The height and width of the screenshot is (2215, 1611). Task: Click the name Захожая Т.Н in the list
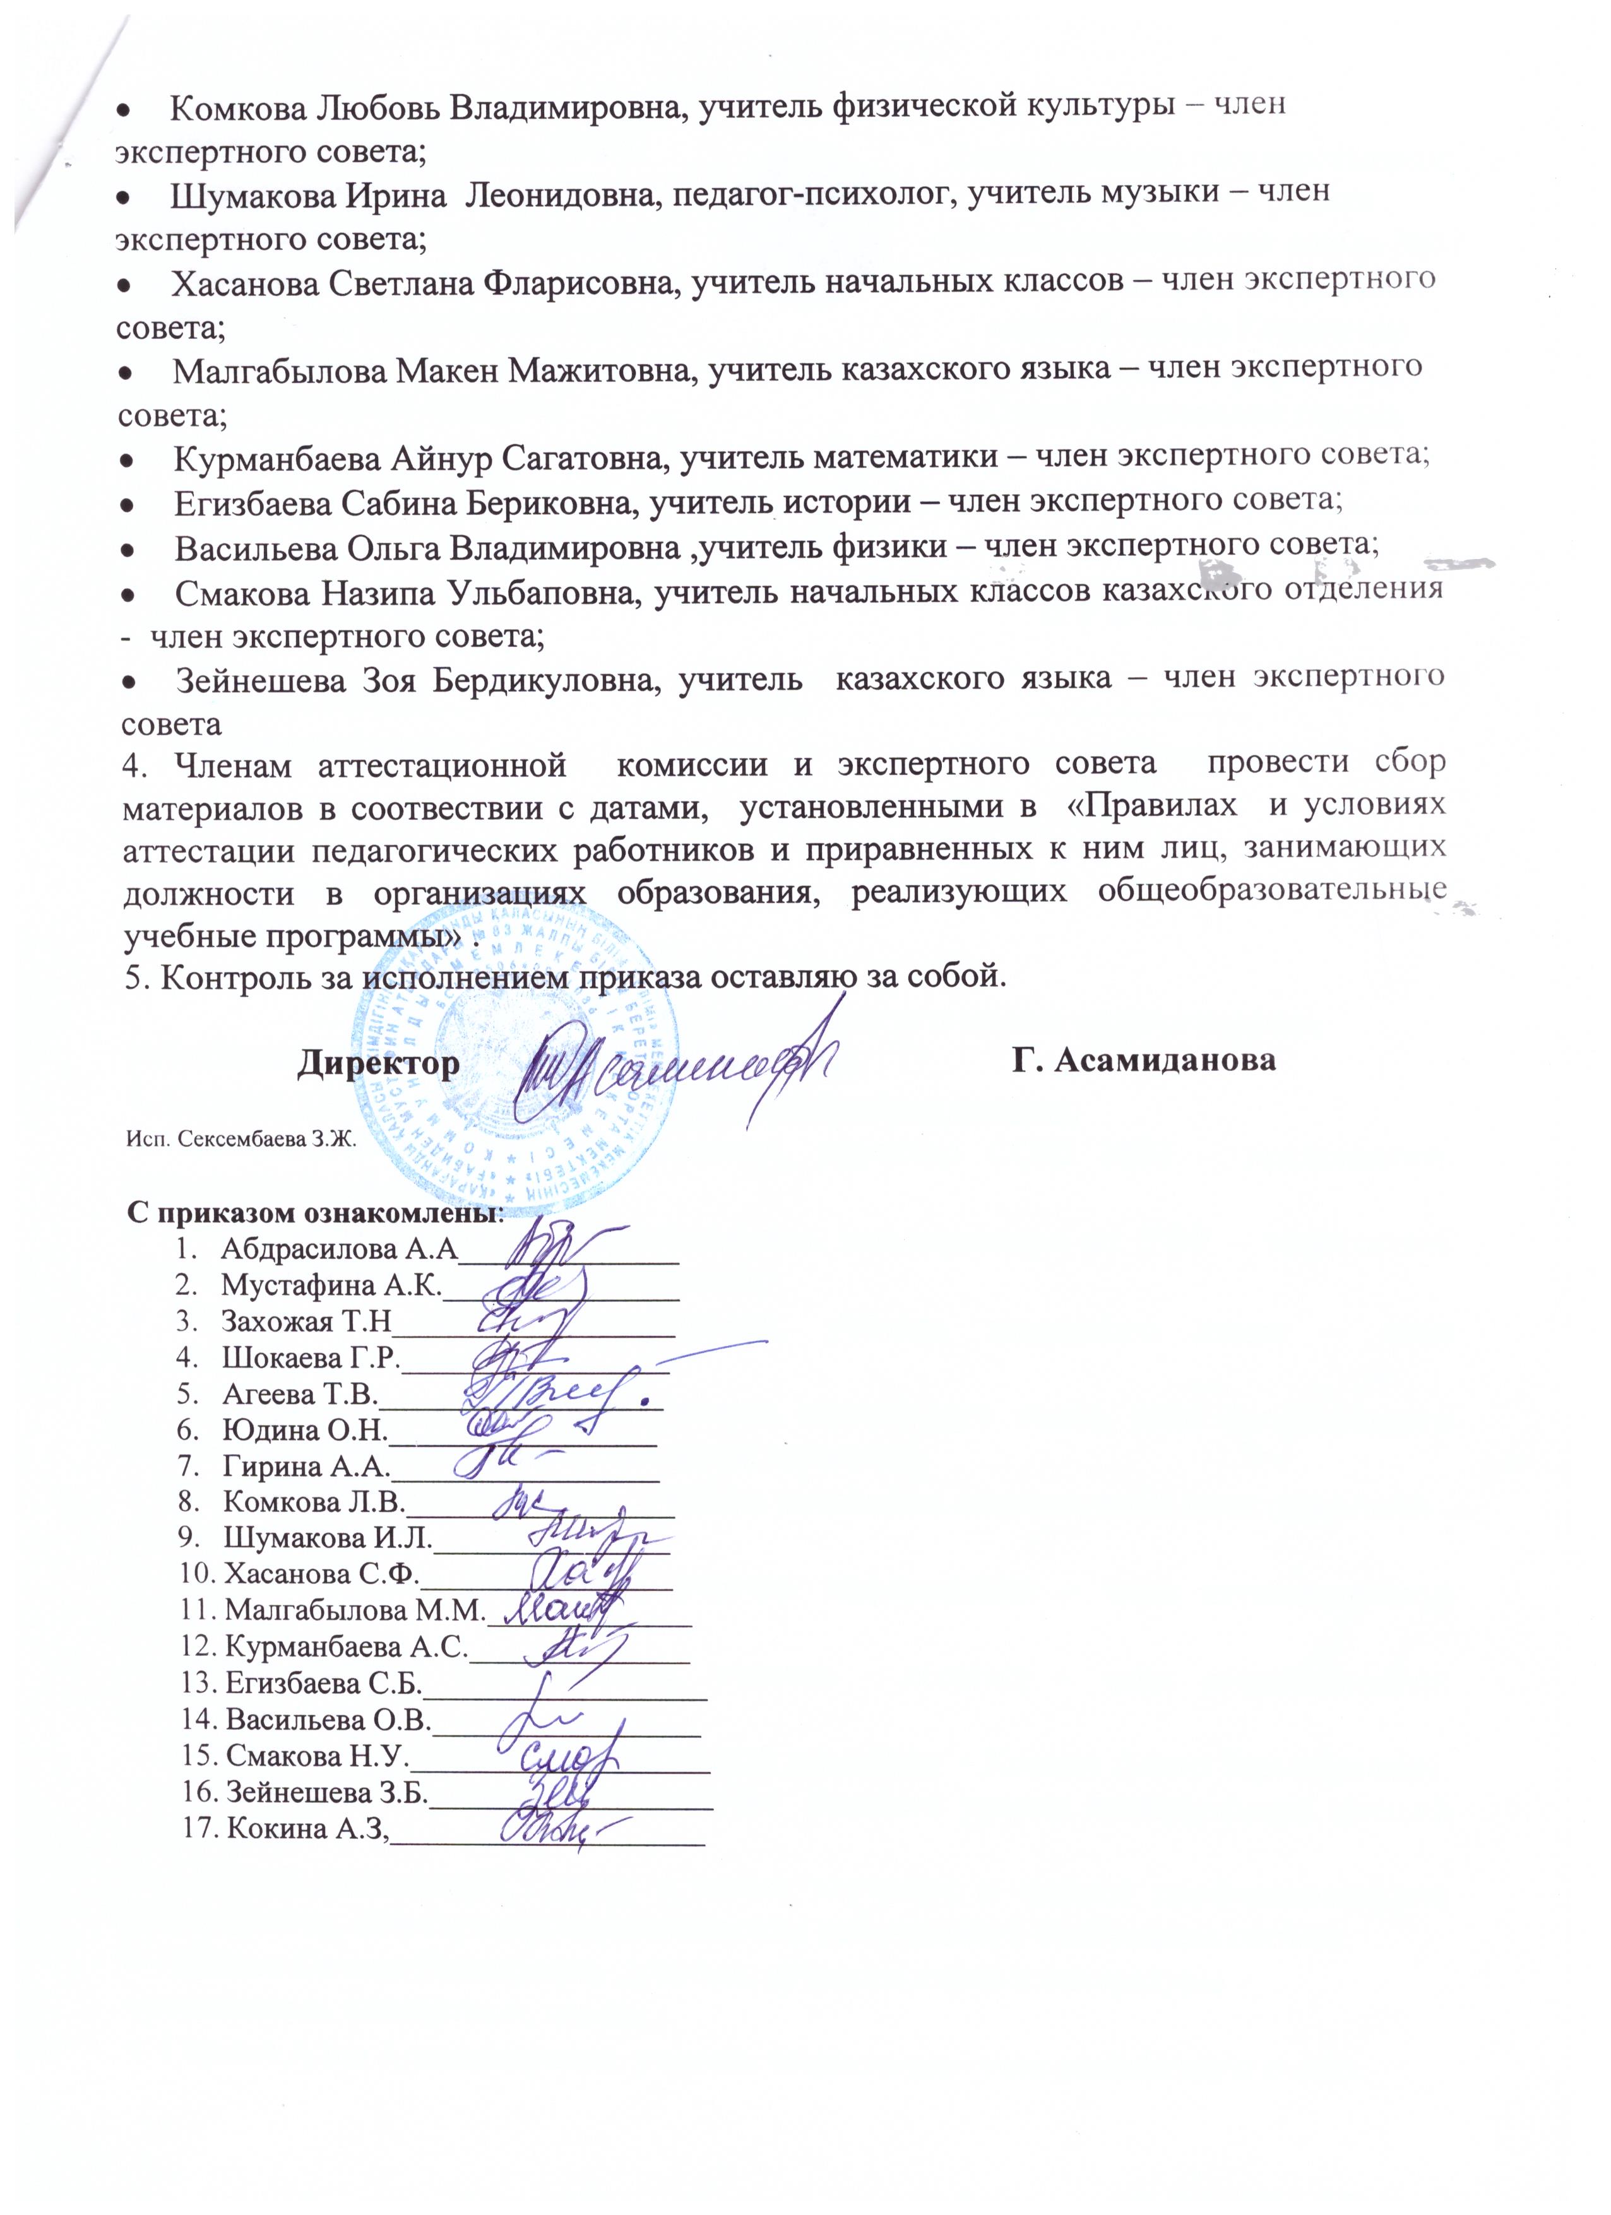coord(306,1322)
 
